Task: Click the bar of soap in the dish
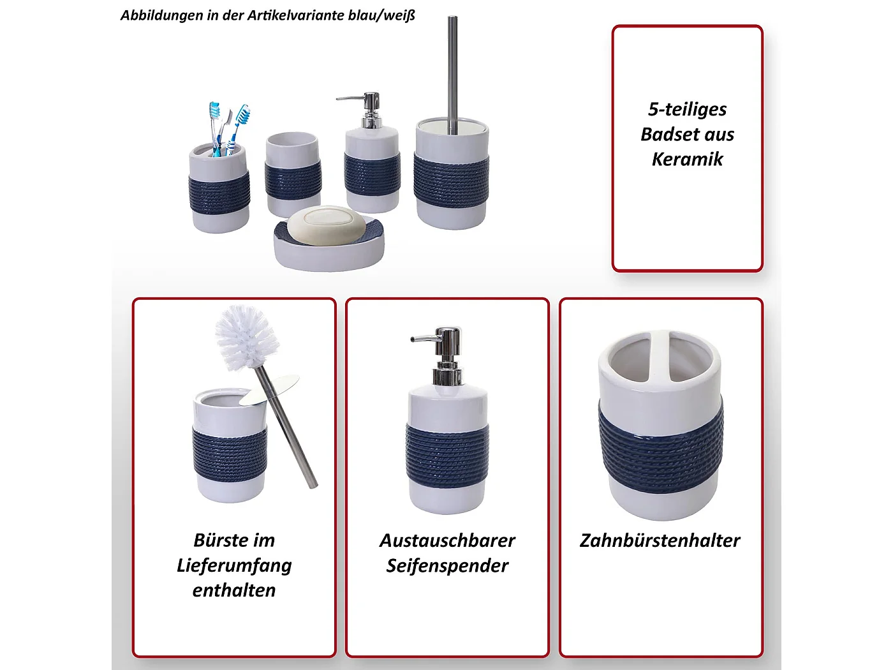[x=327, y=225]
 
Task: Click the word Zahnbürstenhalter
[x=660, y=540]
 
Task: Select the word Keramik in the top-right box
[x=687, y=159]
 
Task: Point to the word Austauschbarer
[x=447, y=540]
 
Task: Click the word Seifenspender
[x=447, y=565]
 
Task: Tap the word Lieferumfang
[x=234, y=565]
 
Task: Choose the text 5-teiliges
[x=687, y=109]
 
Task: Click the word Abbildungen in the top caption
[x=161, y=15]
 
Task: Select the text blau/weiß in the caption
[x=381, y=15]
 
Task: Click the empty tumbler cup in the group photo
[x=293, y=174]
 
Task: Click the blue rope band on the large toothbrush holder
[x=660, y=450]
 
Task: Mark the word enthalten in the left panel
[x=234, y=590]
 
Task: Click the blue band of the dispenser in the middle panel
[x=447, y=454]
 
